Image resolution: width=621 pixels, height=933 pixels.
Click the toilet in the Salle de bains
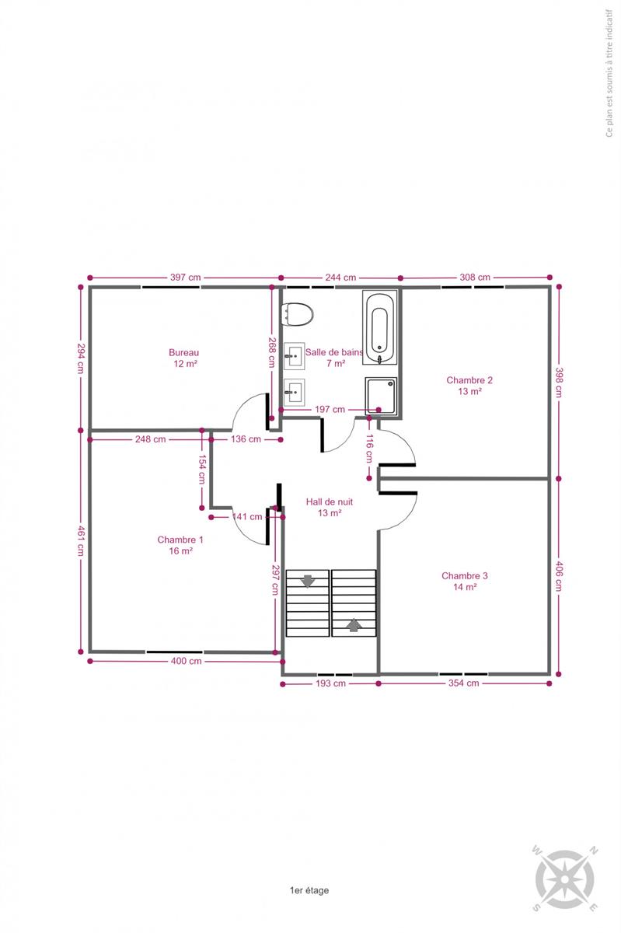pos(298,314)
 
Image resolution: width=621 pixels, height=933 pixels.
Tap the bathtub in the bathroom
pos(379,328)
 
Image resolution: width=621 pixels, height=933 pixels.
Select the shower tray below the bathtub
pos(381,396)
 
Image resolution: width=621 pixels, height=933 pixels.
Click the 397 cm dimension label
pos(185,278)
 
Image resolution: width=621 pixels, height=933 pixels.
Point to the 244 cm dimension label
pos(340,278)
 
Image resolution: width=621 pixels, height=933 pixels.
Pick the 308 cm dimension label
pos(475,277)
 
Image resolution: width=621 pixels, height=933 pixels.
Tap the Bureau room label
pos(184,352)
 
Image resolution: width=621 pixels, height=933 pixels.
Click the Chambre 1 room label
pos(180,540)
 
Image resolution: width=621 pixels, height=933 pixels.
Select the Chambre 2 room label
pos(469,380)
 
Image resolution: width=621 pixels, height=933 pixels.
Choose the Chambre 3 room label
pos(465,575)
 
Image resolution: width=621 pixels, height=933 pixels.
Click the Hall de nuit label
pos(330,502)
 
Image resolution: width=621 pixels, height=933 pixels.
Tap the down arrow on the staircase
pos(308,581)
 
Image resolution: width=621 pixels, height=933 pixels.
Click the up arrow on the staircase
pos(354,625)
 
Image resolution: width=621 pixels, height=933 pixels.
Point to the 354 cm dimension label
pos(463,683)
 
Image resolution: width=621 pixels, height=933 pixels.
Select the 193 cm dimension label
pos(330,683)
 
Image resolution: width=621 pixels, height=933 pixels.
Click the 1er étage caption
pos(309,890)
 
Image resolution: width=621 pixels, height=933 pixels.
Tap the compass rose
pos(565,879)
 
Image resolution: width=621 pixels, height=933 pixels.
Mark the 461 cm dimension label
pos(80,541)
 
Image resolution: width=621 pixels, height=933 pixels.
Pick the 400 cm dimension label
pos(187,661)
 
